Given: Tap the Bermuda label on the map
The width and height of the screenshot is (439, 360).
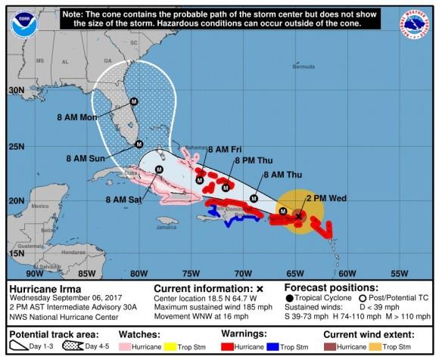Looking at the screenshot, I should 303,67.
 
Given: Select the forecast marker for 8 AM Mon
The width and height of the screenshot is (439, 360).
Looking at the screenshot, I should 134,101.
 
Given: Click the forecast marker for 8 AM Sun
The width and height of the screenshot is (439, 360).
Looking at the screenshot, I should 139,144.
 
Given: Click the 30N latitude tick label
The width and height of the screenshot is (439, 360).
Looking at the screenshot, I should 16,90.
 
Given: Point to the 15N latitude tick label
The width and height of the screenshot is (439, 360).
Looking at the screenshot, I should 16,253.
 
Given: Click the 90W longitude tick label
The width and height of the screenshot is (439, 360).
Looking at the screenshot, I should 35,273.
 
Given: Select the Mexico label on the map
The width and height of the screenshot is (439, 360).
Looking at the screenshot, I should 39,206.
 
